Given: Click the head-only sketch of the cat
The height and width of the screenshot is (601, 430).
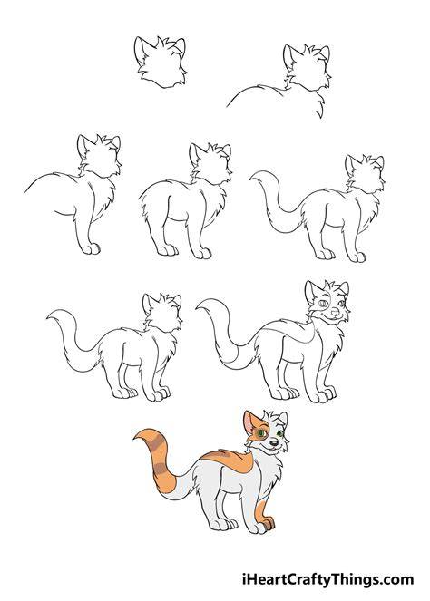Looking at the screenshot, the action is (160, 63).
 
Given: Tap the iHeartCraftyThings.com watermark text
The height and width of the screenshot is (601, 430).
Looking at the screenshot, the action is (328, 578).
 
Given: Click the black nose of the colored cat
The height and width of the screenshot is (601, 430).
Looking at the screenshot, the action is (273, 442).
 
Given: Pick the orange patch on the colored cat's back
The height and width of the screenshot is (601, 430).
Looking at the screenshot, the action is (229, 460).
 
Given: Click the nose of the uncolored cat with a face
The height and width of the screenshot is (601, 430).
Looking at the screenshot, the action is (336, 313).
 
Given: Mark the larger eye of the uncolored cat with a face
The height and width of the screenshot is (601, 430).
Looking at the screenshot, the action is (323, 304).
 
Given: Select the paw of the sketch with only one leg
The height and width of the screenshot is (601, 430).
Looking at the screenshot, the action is (92, 249).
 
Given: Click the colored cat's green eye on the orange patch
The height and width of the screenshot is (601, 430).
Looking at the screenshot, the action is (261, 433).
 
